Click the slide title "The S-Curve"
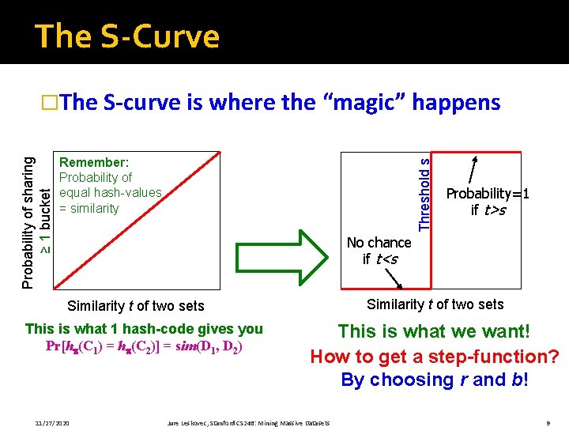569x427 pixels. tap(127, 36)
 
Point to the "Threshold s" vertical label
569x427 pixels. tap(424, 195)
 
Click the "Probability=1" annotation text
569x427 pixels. tap(487, 194)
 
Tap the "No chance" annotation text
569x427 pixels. tap(379, 243)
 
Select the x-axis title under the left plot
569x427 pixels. tap(136, 306)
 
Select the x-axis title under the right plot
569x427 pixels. tap(435, 304)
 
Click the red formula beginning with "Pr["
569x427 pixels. tap(144, 346)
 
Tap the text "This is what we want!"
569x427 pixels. tap(434, 332)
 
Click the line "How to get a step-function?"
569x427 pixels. tap(434, 356)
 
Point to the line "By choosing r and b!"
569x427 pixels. tap(434, 380)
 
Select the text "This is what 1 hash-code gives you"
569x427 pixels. tap(144, 328)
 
